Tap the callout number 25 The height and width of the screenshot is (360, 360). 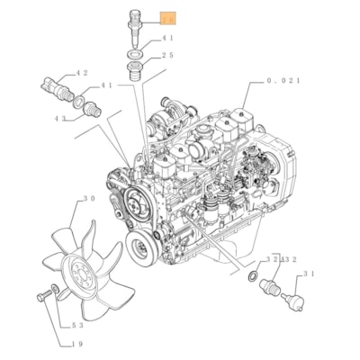tap(167, 55)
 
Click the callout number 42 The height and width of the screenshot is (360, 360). tap(82, 73)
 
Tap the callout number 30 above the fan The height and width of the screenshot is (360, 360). tap(89, 199)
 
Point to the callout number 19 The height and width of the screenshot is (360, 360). tap(78, 343)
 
